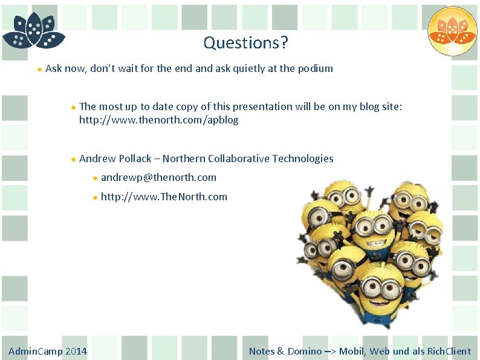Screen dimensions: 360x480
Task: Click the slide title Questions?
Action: coord(245,42)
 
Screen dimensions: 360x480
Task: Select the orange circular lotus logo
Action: coord(452,31)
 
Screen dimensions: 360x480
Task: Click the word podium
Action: coord(315,68)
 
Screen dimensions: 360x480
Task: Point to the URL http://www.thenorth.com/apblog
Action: coord(158,120)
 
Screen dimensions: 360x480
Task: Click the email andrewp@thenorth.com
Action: coord(158,177)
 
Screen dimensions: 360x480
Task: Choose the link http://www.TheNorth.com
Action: coord(164,196)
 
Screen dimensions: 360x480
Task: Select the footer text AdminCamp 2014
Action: coord(47,351)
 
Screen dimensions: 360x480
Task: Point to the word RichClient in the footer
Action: coord(449,351)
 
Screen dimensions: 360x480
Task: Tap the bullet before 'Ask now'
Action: coord(39,69)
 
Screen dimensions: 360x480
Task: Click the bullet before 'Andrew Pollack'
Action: coord(73,159)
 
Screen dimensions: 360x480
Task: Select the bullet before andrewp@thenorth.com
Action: coord(95,178)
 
